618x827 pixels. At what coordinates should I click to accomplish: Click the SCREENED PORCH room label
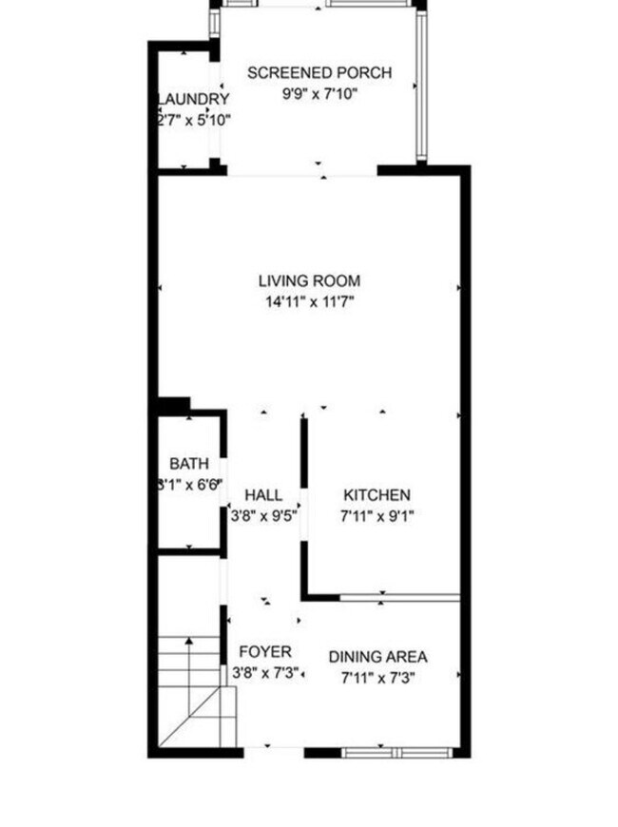[x=319, y=73]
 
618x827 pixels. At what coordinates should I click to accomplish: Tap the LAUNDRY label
[x=193, y=100]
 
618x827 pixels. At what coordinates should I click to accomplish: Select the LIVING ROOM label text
[x=309, y=281]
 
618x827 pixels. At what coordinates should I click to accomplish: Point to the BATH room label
[x=189, y=464]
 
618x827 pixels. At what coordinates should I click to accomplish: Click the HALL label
[x=263, y=495]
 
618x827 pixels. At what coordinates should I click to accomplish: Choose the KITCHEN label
[x=377, y=495]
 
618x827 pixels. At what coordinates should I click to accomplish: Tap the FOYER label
[x=265, y=652]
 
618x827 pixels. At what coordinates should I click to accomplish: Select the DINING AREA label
[x=377, y=657]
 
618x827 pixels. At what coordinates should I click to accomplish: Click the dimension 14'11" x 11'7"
[x=309, y=302]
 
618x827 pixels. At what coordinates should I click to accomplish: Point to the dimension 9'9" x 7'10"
[x=319, y=93]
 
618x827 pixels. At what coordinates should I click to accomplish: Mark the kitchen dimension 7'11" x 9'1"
[x=377, y=516]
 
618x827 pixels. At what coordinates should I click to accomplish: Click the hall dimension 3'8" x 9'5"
[x=264, y=516]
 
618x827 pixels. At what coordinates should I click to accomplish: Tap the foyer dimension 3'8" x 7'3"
[x=265, y=673]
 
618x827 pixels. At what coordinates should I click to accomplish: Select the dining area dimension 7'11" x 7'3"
[x=377, y=678]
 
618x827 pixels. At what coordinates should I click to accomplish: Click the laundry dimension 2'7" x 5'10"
[x=193, y=121]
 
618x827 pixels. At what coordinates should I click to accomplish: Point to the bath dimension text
[x=189, y=485]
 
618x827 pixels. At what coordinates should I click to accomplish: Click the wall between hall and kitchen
[x=304, y=504]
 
